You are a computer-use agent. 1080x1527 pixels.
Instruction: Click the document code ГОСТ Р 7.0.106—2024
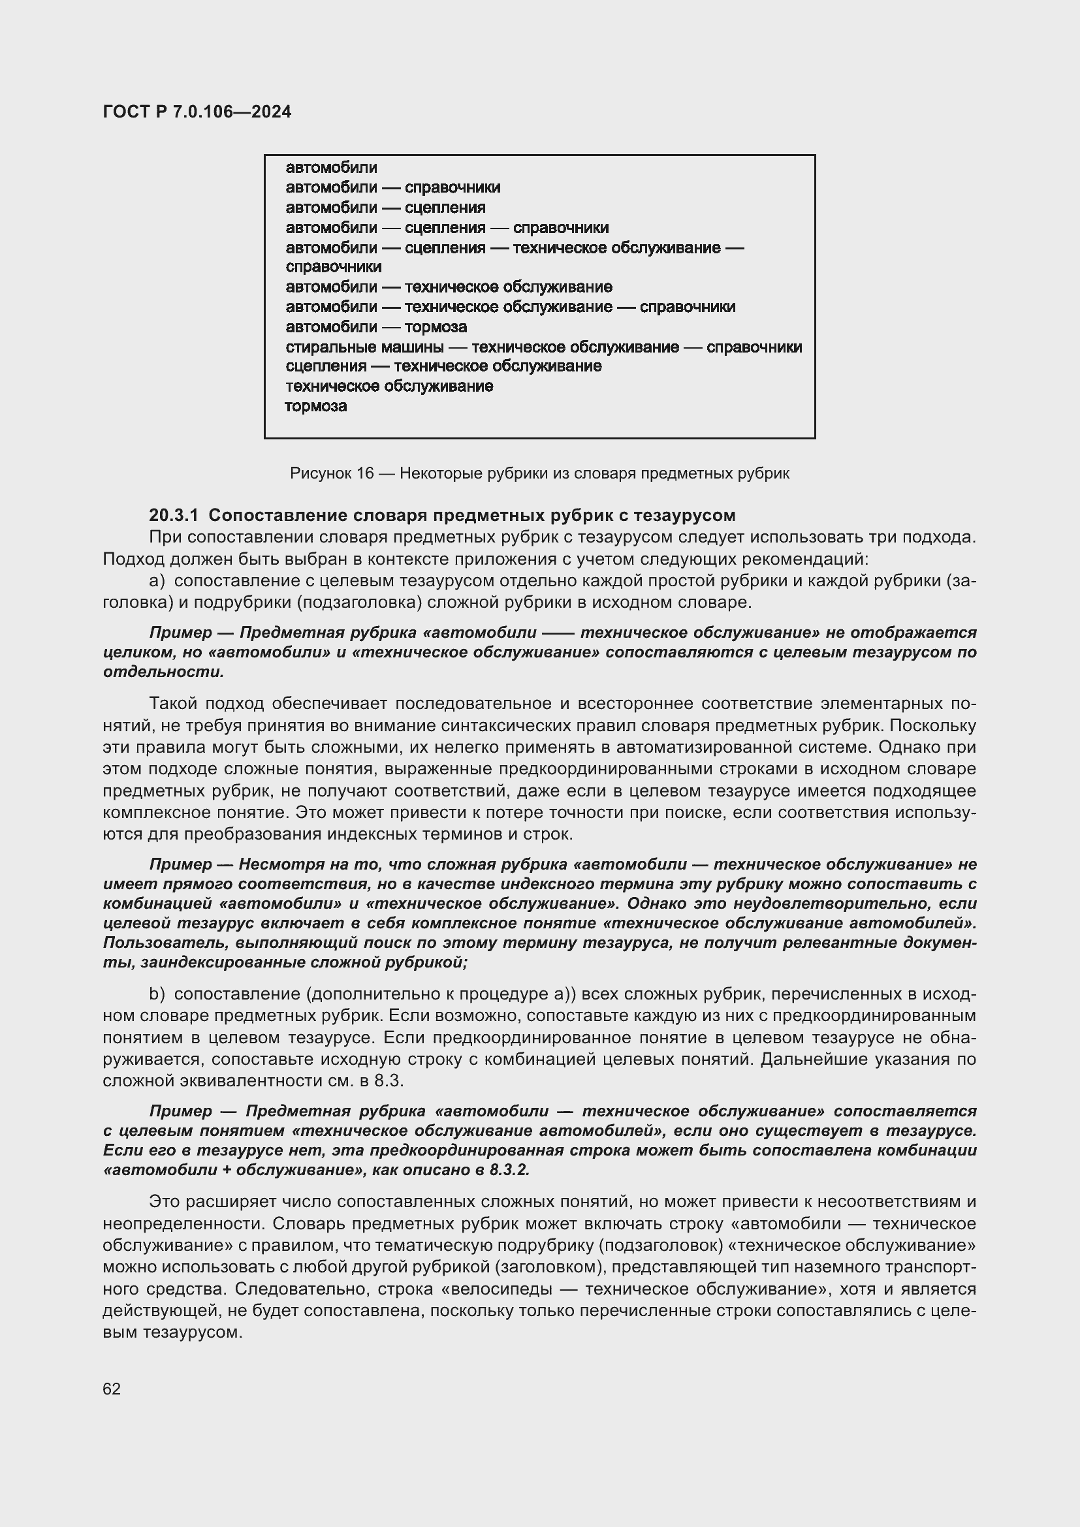click(197, 112)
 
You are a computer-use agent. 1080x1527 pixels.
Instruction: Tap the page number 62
click(112, 1389)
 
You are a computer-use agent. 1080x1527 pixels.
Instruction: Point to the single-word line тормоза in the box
click(316, 406)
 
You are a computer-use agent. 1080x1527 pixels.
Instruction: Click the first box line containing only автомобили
click(331, 168)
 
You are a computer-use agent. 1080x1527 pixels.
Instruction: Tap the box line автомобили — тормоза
click(375, 327)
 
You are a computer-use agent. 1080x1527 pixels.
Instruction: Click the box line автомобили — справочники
click(392, 187)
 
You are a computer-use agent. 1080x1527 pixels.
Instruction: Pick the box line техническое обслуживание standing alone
click(389, 386)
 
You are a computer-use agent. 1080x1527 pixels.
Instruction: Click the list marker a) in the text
click(157, 581)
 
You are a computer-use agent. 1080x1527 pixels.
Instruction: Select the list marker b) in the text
click(157, 994)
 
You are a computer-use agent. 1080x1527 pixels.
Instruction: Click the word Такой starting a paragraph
click(173, 704)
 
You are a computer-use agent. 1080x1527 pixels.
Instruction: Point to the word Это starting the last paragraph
click(165, 1202)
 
